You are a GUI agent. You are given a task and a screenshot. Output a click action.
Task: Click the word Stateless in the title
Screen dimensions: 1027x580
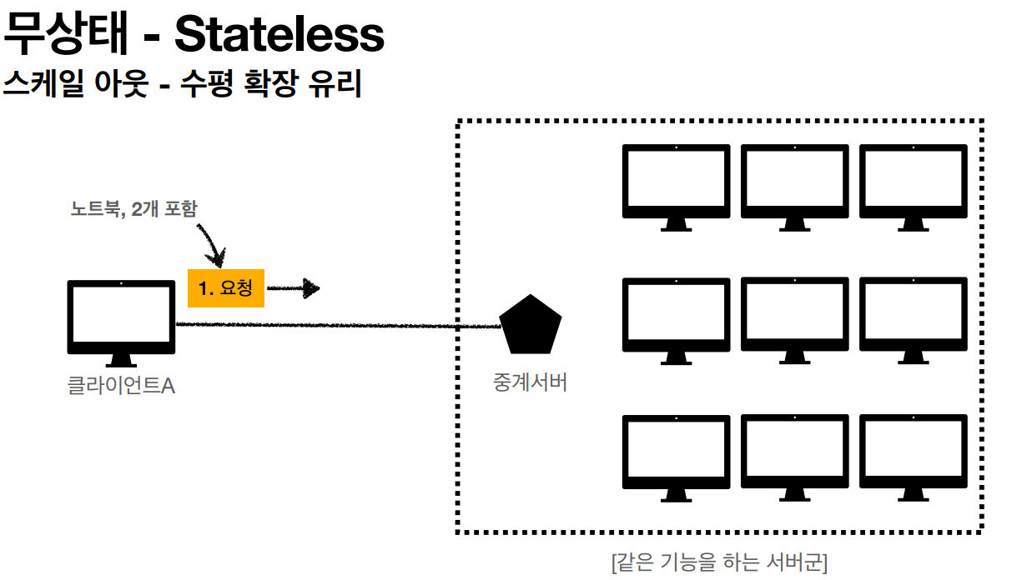click(279, 34)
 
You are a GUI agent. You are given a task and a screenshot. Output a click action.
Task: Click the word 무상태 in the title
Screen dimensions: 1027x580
click(65, 33)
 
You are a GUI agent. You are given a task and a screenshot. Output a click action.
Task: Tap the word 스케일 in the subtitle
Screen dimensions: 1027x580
click(43, 83)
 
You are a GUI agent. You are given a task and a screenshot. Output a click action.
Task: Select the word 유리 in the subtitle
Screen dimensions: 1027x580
click(335, 83)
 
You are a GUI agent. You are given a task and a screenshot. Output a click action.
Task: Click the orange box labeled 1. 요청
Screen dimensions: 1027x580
click(226, 288)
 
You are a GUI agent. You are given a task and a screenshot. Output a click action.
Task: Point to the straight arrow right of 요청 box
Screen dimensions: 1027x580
click(294, 288)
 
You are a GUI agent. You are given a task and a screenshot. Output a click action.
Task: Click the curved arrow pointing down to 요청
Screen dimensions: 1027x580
click(212, 246)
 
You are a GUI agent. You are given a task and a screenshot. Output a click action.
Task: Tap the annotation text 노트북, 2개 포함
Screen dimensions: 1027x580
click(133, 209)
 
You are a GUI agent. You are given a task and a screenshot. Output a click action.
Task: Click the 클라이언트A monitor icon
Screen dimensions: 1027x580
click(121, 323)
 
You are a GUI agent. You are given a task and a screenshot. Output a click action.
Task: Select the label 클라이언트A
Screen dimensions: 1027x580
click(121, 385)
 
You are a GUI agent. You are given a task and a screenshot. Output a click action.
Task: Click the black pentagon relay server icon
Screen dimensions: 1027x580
click(531, 324)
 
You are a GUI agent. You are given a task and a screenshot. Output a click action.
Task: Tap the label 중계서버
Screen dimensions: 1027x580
click(530, 382)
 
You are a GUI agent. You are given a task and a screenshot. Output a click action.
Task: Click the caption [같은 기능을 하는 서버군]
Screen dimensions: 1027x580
click(719, 562)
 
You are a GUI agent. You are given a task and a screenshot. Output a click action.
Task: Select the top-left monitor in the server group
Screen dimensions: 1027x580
click(677, 187)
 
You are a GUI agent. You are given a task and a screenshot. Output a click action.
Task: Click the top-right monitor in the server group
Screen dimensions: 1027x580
click(914, 187)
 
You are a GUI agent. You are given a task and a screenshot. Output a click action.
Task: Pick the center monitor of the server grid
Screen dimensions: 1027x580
click(794, 320)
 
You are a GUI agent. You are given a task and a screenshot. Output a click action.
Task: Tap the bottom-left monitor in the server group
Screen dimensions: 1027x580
click(677, 458)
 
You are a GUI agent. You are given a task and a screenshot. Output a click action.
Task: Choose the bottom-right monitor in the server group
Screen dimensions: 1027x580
click(914, 457)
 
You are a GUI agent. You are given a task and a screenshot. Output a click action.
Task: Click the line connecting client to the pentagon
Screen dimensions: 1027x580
click(339, 325)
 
